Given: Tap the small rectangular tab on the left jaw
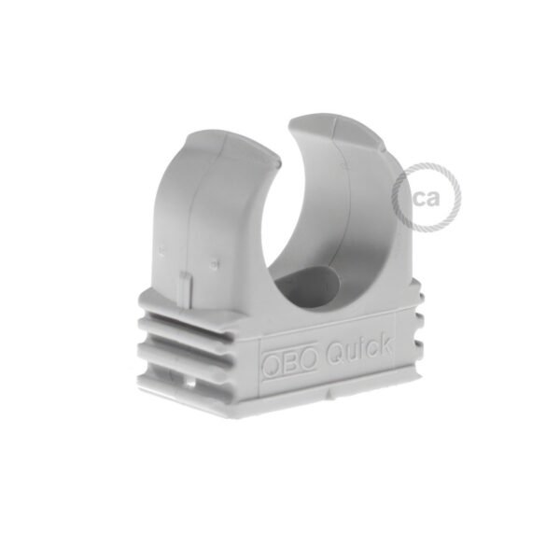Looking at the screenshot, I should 184,286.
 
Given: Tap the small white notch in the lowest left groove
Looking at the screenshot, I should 190,381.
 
